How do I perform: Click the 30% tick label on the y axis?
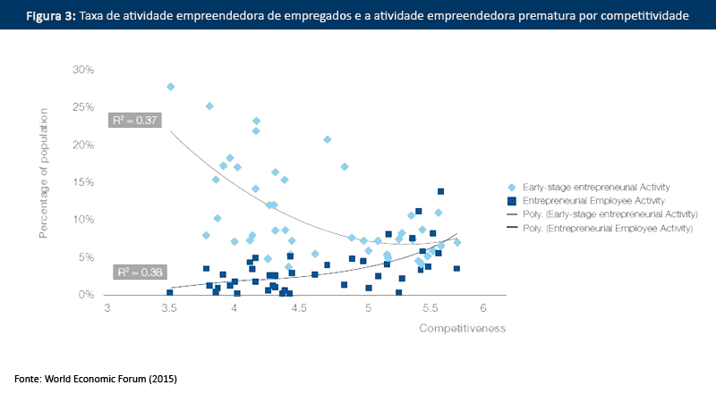point(82,70)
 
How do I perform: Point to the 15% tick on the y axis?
point(82,182)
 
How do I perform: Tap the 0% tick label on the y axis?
point(86,295)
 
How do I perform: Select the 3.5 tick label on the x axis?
point(170,308)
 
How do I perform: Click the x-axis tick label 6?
point(483,308)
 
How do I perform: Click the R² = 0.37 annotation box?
point(134,120)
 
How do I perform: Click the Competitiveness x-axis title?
point(463,328)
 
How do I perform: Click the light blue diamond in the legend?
point(511,187)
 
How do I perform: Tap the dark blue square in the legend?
point(511,201)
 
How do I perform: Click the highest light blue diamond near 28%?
point(170,87)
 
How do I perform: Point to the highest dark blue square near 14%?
point(440,191)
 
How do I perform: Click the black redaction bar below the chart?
point(94,380)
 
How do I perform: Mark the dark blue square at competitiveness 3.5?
point(169,292)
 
